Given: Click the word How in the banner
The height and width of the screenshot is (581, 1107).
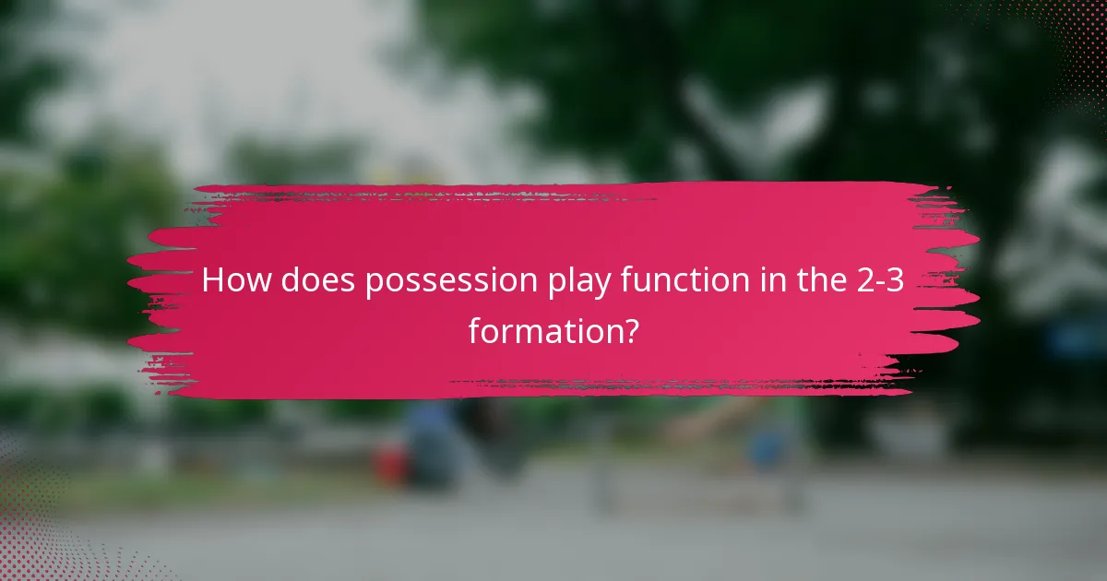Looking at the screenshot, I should tap(236, 281).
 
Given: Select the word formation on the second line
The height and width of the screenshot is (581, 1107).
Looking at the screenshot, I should tap(541, 329).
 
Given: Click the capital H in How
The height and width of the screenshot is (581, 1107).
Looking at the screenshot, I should tap(212, 281).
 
